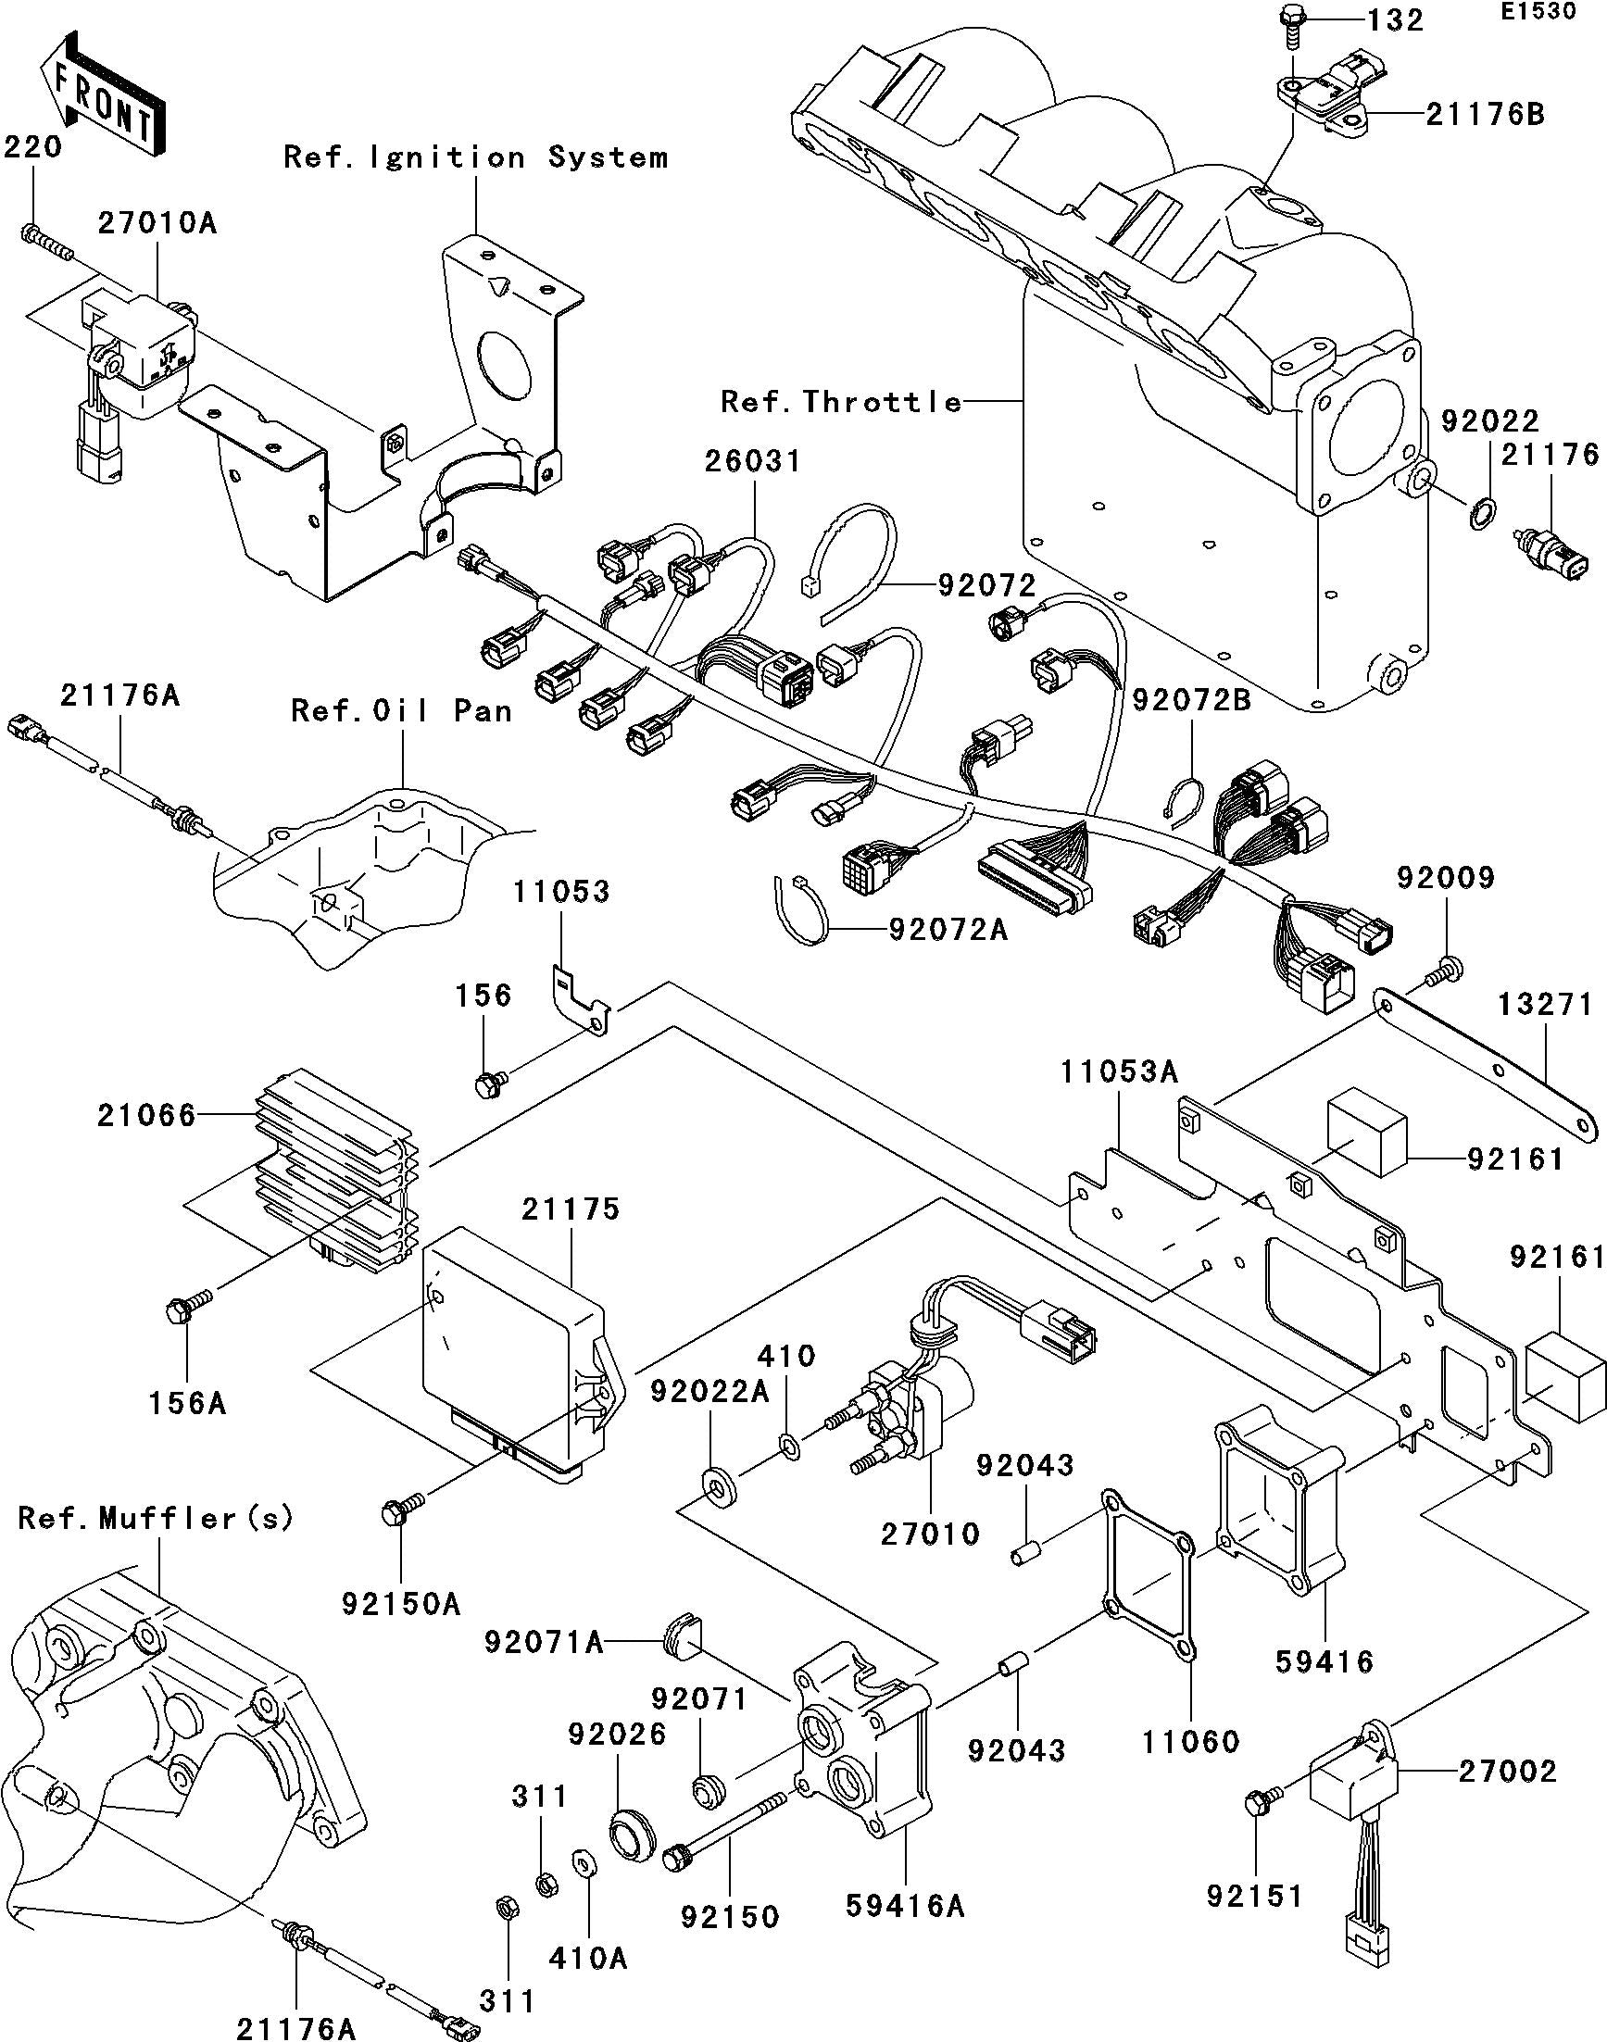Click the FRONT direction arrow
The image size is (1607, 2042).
pyautogui.click(x=102, y=96)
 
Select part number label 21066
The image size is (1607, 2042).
pyautogui.click(x=145, y=1116)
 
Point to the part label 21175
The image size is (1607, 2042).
pyautogui.click(x=573, y=1209)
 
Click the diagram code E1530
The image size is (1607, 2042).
pyautogui.click(x=1551, y=12)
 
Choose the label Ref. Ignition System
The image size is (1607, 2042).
pyautogui.click(x=476, y=157)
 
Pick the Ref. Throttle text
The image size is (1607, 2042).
pyautogui.click(x=841, y=403)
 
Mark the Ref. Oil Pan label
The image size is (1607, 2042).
pyautogui.click(x=402, y=710)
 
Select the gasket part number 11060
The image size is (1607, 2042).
pyautogui.click(x=1191, y=1742)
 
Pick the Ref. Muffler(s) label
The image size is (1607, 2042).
pyautogui.click(x=157, y=1517)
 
